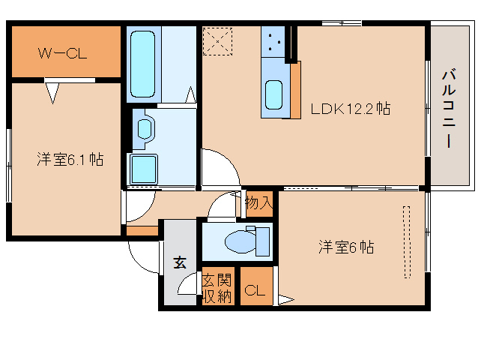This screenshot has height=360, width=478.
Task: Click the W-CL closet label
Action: point(62,53)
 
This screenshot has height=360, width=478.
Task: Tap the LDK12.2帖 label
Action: point(351,109)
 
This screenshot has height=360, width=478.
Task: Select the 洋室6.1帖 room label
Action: point(70,159)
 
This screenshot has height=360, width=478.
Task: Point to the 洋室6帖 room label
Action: point(346,247)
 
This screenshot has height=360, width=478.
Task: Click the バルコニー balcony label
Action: point(449,109)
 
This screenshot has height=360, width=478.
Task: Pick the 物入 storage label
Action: point(258,202)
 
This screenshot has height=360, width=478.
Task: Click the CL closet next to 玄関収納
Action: point(255,291)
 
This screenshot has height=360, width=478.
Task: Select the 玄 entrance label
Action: point(180,262)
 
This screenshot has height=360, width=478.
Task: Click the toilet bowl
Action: point(240,241)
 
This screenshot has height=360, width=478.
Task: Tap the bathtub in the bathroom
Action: point(142,64)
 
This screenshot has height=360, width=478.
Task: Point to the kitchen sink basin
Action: point(273,95)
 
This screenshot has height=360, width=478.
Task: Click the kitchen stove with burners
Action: point(273,41)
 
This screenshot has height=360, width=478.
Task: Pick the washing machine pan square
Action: point(143,169)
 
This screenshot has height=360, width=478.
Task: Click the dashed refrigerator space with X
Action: point(218,41)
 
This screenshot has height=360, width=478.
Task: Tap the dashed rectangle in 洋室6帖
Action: point(406,242)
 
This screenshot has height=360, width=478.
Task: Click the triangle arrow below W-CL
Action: point(52,93)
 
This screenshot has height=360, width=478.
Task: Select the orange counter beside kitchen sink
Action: point(295,90)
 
